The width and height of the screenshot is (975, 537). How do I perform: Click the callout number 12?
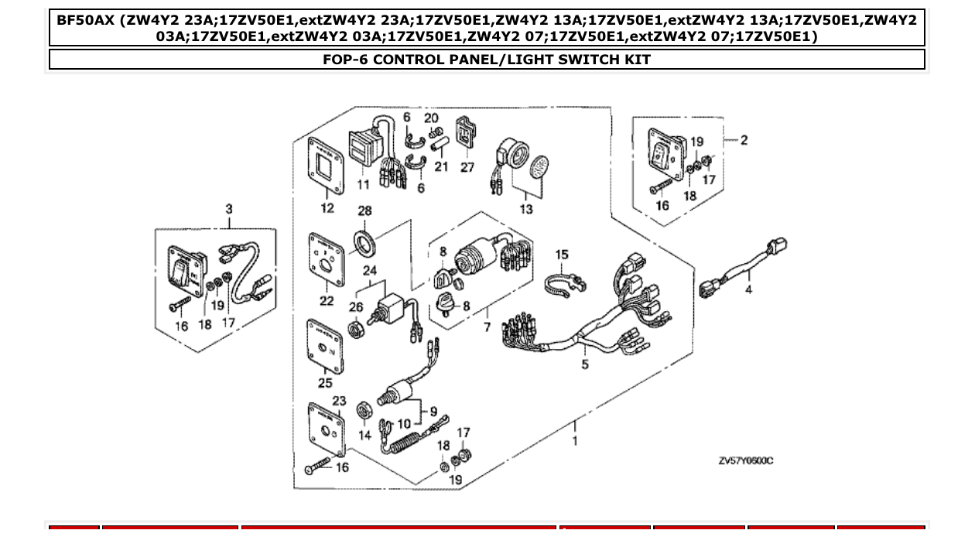click(x=327, y=207)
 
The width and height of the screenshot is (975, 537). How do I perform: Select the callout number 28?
click(x=364, y=211)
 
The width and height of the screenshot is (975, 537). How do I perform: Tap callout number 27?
click(x=467, y=166)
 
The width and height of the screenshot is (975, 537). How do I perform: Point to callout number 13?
click(x=527, y=209)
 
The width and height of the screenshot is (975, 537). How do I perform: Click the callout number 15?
click(x=562, y=255)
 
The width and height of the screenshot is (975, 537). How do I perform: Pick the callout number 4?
click(x=748, y=289)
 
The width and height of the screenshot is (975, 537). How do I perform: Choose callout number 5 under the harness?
click(x=585, y=364)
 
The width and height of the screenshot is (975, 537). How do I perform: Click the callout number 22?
click(x=327, y=301)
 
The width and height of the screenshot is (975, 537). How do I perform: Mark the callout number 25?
click(x=325, y=382)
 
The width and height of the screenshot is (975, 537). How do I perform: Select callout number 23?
click(x=339, y=400)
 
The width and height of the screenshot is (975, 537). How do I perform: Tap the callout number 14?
click(x=364, y=436)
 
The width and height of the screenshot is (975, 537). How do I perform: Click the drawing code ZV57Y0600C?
click(x=745, y=461)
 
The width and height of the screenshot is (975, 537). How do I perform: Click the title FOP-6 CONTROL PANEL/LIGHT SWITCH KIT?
click(x=487, y=60)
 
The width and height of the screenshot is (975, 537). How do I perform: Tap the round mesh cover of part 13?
click(x=540, y=166)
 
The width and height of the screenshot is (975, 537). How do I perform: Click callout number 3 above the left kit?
click(x=229, y=209)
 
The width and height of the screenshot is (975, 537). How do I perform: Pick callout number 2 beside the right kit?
click(x=744, y=140)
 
